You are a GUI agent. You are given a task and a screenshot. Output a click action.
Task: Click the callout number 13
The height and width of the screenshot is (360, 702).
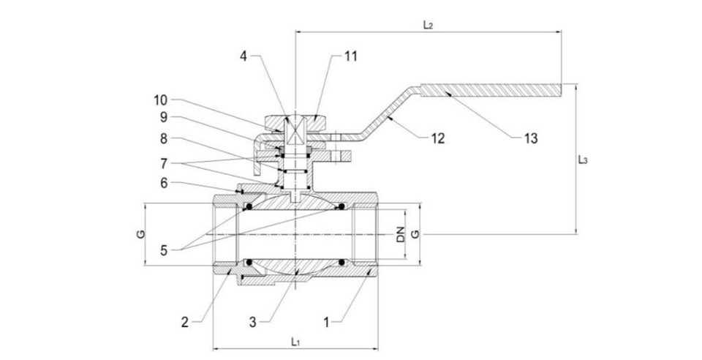click(531, 138)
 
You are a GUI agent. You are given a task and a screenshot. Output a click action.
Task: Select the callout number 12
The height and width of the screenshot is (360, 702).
click(438, 138)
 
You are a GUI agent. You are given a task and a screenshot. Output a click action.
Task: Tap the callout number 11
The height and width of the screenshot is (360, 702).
click(351, 56)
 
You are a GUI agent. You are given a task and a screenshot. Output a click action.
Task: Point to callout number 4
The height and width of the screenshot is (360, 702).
click(243, 56)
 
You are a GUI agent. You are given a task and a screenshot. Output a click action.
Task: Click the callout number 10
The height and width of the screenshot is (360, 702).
click(160, 100)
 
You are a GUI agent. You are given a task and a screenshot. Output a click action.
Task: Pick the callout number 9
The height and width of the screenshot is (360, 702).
click(163, 117)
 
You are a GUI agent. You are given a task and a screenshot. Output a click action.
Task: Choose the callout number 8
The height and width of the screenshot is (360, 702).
click(163, 139)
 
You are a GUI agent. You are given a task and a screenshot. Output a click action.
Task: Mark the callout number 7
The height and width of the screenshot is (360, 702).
click(163, 164)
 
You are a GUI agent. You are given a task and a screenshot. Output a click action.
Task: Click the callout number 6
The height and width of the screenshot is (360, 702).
click(163, 183)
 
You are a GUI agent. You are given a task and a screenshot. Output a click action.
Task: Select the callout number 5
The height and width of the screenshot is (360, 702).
click(163, 250)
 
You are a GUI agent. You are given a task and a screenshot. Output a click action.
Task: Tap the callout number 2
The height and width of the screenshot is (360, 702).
click(185, 322)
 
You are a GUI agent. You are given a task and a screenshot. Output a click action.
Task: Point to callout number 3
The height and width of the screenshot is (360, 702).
click(253, 322)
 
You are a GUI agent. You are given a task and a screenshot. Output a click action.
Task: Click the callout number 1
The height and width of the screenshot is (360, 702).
click(326, 322)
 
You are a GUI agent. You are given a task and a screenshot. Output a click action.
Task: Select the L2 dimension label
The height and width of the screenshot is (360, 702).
click(428, 25)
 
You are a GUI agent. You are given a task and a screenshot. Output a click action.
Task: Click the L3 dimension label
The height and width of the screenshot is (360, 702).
click(583, 160)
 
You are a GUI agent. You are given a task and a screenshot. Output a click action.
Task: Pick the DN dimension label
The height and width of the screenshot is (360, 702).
click(401, 235)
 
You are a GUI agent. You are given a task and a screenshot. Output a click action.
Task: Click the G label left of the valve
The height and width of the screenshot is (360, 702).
click(140, 234)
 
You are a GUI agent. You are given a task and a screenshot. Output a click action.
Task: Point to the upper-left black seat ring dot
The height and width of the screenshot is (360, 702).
click(249, 206)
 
